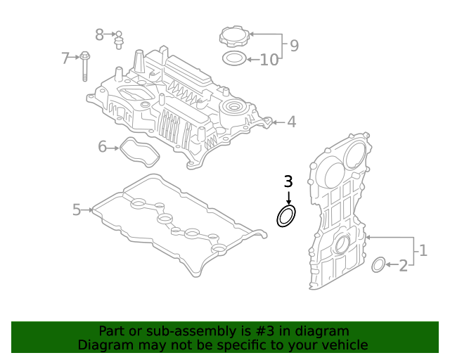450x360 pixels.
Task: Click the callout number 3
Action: (x=288, y=181)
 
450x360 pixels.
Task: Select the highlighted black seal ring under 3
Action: (x=286, y=217)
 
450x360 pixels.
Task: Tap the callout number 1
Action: (x=423, y=250)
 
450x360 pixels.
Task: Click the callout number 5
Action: (x=77, y=209)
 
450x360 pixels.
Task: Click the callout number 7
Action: (x=65, y=58)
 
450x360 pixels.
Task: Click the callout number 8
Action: (x=99, y=34)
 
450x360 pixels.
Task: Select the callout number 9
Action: (x=294, y=46)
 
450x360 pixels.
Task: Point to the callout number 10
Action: (x=269, y=60)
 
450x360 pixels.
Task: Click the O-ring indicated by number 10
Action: (x=233, y=58)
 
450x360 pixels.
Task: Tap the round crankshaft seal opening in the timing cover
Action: (x=342, y=245)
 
